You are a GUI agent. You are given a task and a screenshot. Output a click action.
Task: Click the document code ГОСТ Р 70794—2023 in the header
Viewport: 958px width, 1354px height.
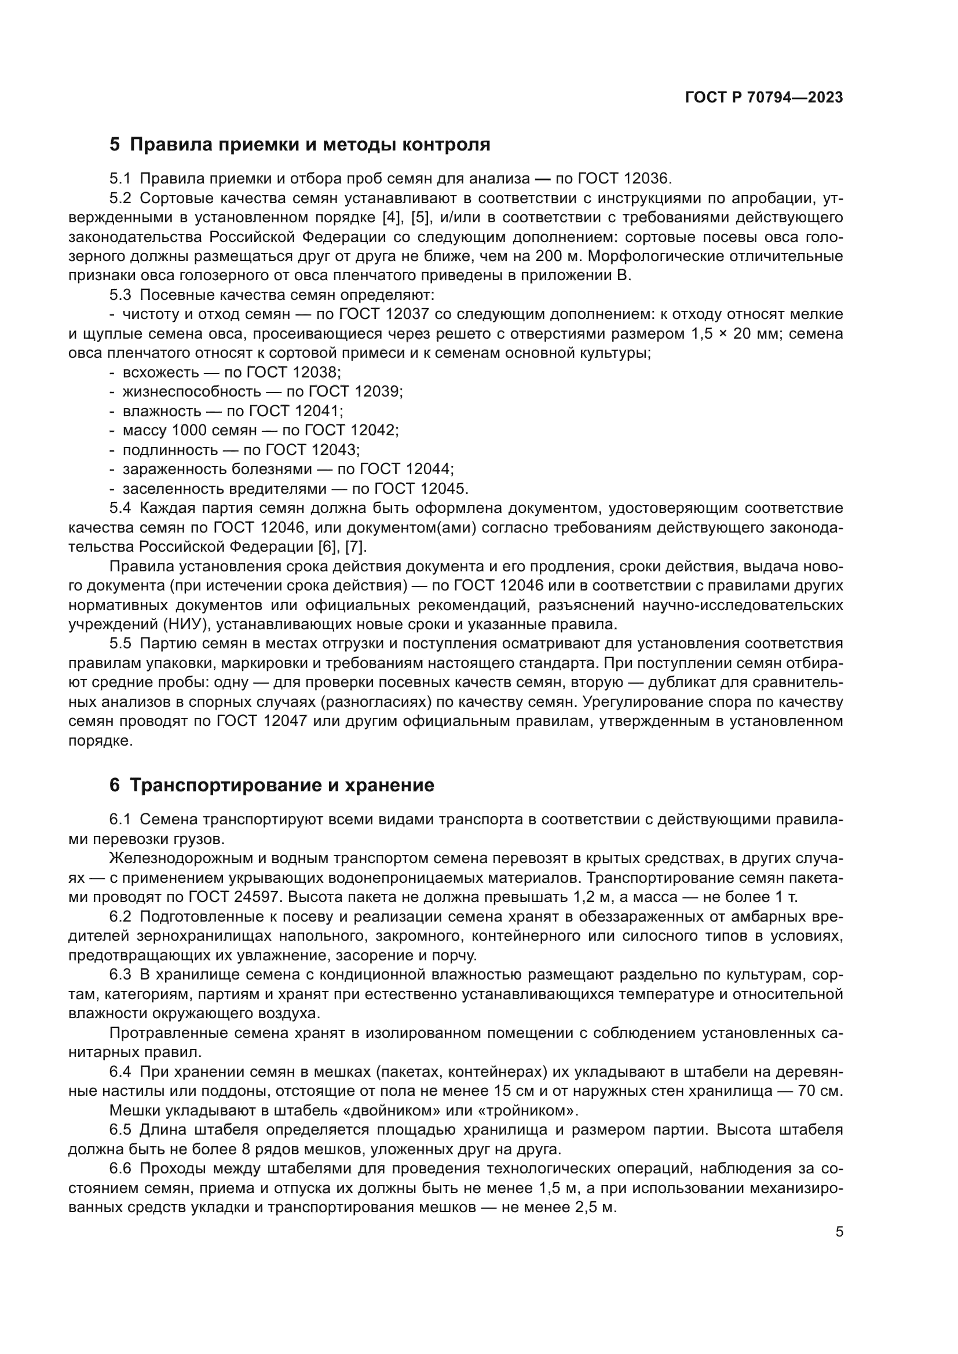click(x=764, y=98)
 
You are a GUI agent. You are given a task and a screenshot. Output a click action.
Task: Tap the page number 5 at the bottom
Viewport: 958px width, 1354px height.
click(x=839, y=1232)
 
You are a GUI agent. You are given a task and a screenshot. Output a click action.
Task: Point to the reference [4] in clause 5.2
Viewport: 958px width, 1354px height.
click(x=390, y=217)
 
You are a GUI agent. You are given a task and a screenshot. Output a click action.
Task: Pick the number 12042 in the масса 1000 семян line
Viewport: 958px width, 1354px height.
click(x=374, y=431)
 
